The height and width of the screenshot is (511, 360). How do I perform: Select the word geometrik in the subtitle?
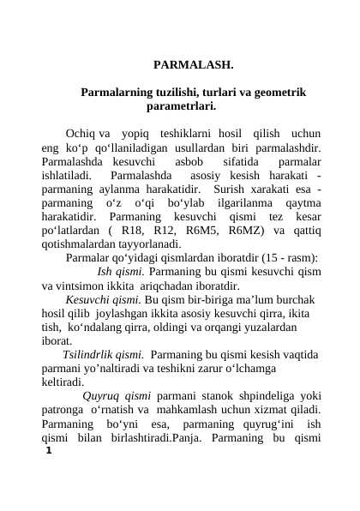[x=270, y=92]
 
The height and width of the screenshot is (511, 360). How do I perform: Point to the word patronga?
[x=63, y=409]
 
